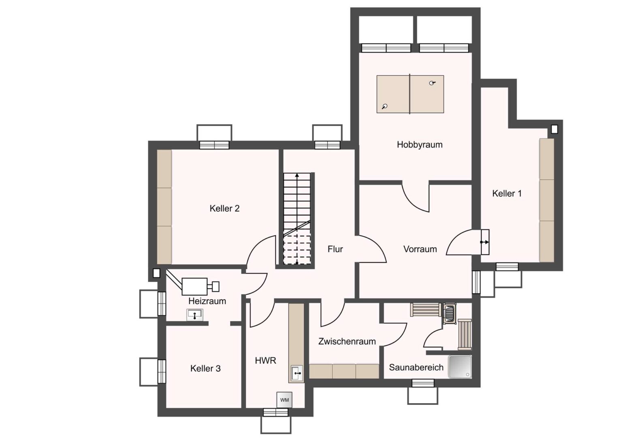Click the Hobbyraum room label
coord(420,145)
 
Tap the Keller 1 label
coord(507,193)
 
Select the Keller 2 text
coord(225,208)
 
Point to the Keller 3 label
coord(206,368)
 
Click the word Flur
coord(335,249)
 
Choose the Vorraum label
coord(420,249)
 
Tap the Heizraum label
coord(207,301)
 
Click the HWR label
coord(265,360)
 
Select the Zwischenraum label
coord(347,341)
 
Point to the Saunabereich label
coord(416,367)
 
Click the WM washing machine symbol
coord(284,399)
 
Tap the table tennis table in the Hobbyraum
coord(410,94)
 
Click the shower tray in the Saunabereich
coord(460,367)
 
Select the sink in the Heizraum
coord(195,315)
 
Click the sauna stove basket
coord(449,313)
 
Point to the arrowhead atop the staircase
coord(297,175)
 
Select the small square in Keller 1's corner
coord(554,129)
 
